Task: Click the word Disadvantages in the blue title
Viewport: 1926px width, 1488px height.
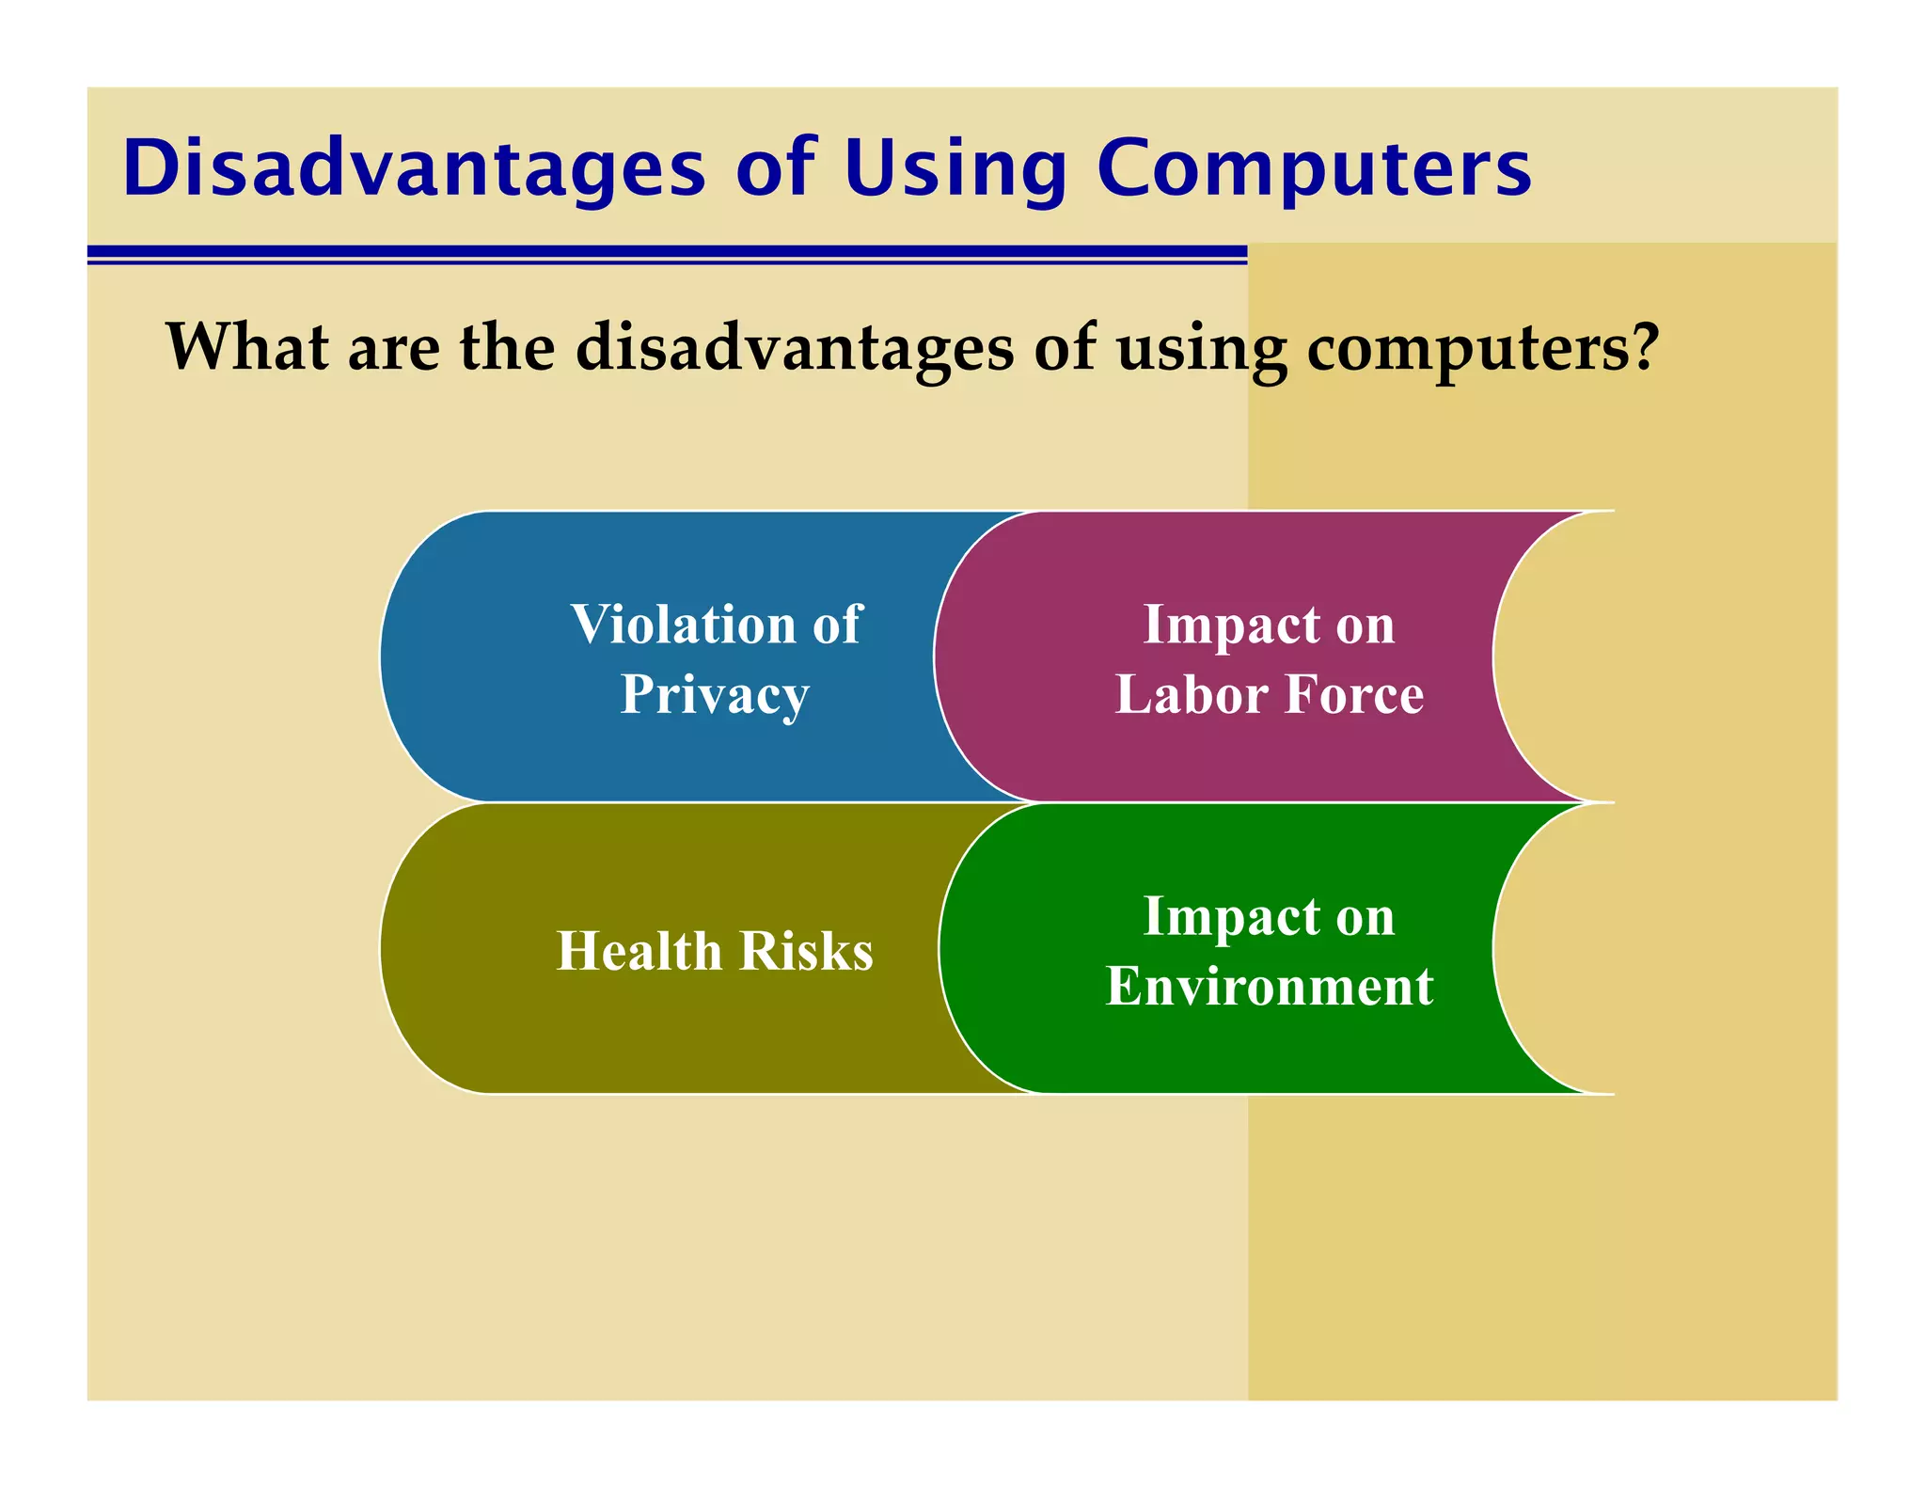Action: pos(414,168)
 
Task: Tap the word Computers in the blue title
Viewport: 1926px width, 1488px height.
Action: pos(1314,168)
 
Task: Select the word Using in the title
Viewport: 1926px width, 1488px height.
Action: pos(955,168)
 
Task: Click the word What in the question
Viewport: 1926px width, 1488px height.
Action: pos(247,347)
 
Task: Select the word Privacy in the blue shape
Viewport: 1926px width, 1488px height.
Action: pos(715,696)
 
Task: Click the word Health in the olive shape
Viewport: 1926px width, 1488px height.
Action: pos(639,951)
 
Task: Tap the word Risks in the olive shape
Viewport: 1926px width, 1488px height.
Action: pos(807,951)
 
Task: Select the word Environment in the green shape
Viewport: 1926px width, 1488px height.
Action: pos(1269,987)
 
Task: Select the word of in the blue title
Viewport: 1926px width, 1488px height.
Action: pos(775,168)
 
